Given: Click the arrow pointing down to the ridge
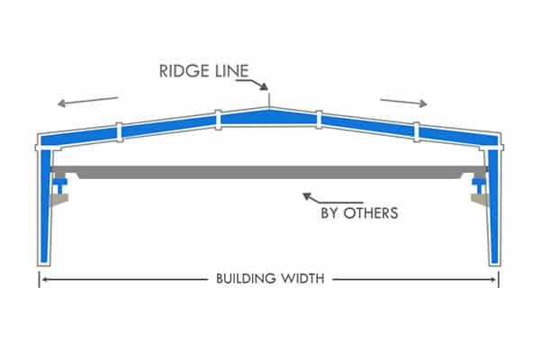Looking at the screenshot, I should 264,85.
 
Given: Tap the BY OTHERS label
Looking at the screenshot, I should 359,214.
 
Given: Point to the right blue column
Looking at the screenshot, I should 493,202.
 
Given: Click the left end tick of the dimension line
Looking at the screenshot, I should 40,279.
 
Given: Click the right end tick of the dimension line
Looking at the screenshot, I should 499,279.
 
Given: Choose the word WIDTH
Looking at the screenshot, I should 301,279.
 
